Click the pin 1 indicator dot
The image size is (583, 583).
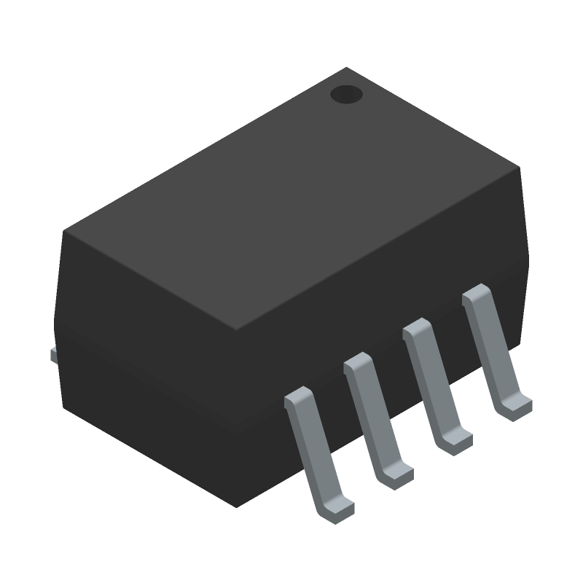[x=346, y=95]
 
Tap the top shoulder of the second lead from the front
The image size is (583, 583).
[x=358, y=362]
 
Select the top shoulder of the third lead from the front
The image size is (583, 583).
[x=418, y=327]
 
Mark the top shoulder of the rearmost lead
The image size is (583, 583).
[x=477, y=293]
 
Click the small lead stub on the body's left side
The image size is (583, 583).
[x=53, y=355]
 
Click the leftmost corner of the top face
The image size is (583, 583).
[x=64, y=232]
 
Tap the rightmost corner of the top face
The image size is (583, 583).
[x=520, y=168]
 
